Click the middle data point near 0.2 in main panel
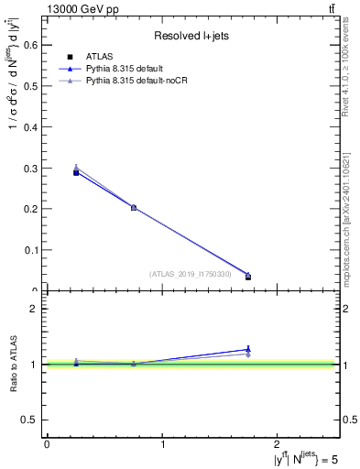coord(134,207)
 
